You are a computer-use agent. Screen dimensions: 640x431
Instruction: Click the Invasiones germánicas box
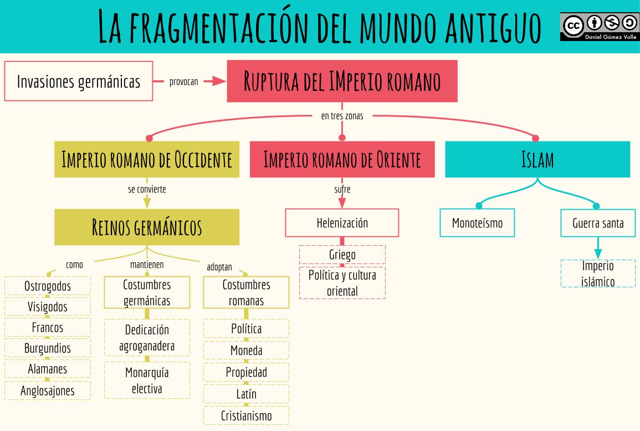point(78,82)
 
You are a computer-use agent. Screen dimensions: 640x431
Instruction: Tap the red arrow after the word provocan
point(213,82)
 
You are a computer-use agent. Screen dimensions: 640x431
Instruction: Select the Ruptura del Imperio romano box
point(342,82)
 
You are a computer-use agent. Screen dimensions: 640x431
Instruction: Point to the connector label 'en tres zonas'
point(342,116)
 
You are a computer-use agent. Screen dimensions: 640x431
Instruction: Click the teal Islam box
point(537,160)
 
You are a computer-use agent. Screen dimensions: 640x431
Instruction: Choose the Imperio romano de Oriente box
point(342,160)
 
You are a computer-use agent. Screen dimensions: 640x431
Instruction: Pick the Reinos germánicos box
point(147,227)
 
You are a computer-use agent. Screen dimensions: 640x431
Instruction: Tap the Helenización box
point(342,223)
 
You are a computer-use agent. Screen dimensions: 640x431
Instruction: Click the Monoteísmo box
point(477,223)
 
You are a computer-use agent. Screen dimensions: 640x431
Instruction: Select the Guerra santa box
point(598,223)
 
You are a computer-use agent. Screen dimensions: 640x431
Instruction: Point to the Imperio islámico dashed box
point(598,273)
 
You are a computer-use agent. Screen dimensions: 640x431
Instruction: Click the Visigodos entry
point(48,307)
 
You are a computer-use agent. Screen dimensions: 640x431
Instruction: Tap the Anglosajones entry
point(48,391)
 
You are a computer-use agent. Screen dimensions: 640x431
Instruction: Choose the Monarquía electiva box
point(147,380)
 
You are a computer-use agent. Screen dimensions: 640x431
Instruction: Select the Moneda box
point(246,351)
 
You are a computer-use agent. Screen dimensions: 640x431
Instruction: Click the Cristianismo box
point(246,415)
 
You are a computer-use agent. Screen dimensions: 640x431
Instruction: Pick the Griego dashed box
point(342,255)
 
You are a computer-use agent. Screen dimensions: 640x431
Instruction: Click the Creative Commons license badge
point(599,26)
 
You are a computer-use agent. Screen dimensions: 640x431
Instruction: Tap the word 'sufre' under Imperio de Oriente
point(342,190)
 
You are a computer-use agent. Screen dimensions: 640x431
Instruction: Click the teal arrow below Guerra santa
point(598,248)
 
